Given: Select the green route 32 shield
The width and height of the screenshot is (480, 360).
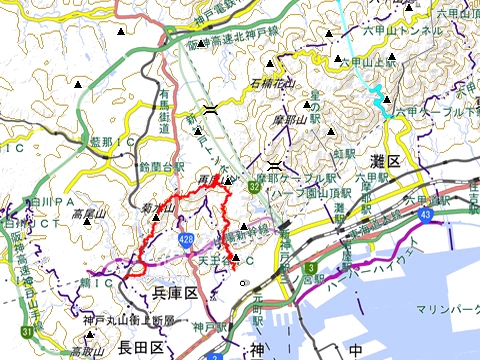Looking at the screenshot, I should [256, 186].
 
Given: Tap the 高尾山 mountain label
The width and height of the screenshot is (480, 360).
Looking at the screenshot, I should [88, 213].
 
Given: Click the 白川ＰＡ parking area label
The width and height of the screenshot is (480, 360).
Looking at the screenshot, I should [46, 201].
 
